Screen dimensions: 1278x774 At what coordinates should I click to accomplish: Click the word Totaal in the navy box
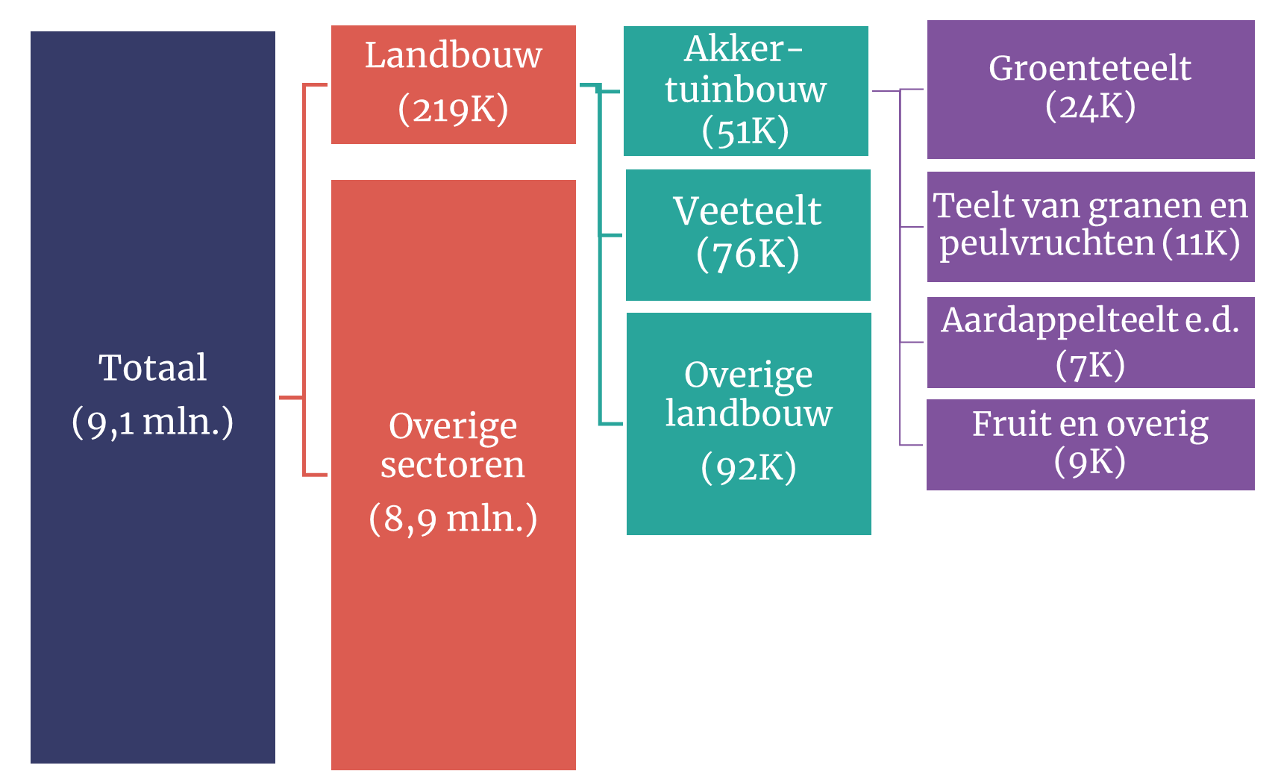152,367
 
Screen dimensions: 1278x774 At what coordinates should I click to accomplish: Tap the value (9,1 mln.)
152,422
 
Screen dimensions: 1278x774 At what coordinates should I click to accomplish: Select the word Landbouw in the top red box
454,55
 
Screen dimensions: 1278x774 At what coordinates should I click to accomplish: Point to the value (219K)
453,109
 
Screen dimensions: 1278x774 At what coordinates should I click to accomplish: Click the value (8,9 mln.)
453,519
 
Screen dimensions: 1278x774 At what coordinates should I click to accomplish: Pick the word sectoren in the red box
452,465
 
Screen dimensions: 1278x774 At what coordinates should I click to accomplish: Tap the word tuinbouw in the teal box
746,90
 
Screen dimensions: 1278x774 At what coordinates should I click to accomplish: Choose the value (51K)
746,131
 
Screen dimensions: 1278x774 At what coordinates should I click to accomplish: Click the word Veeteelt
748,210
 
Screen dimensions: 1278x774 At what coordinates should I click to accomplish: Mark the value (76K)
748,254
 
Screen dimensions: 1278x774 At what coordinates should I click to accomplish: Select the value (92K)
748,468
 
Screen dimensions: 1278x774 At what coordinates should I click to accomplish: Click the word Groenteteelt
1090,68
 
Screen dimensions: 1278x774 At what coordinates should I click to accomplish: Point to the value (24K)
1090,106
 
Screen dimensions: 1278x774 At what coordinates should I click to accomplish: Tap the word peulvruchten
1047,243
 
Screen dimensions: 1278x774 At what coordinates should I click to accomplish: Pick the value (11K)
1201,243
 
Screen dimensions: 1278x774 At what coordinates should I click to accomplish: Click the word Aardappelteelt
1059,320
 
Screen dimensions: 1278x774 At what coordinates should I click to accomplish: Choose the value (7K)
1090,365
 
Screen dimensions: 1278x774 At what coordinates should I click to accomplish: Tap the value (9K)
1090,461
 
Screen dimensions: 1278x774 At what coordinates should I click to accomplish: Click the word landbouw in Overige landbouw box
748,413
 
